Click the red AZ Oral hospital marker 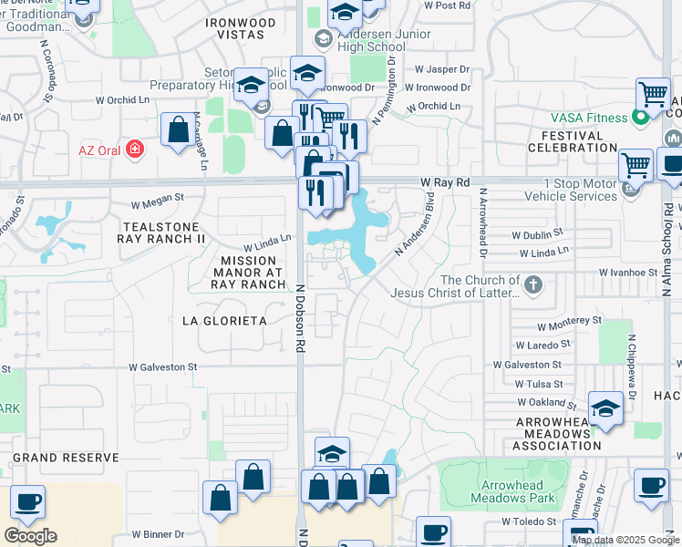[x=135, y=149]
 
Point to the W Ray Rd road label [x=446, y=183]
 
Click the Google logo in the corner [x=30, y=535]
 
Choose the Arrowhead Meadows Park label [x=513, y=491]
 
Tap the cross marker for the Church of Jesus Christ [x=533, y=286]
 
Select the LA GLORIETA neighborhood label [x=223, y=321]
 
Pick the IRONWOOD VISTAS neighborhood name [x=235, y=28]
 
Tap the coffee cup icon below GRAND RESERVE [x=27, y=502]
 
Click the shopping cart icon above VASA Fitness [x=653, y=94]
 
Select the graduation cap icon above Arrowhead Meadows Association [x=605, y=409]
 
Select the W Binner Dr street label [x=158, y=534]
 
